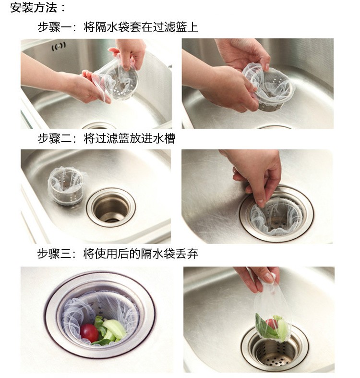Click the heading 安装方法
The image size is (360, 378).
pos(34,7)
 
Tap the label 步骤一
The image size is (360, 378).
pos(55,27)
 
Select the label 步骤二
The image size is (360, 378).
pos(55,139)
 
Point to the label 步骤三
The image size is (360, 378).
pos(55,254)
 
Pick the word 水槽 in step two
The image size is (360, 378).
pos(164,139)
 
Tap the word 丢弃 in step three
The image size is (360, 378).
pos(187,254)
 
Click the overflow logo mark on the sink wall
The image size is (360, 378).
pos(59,47)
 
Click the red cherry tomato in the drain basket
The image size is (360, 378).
pos(89,333)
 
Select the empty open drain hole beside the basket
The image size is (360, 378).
pos(111,207)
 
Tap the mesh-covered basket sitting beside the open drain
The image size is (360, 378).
pos(66,185)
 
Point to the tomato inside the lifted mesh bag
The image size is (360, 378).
pos(272,324)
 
